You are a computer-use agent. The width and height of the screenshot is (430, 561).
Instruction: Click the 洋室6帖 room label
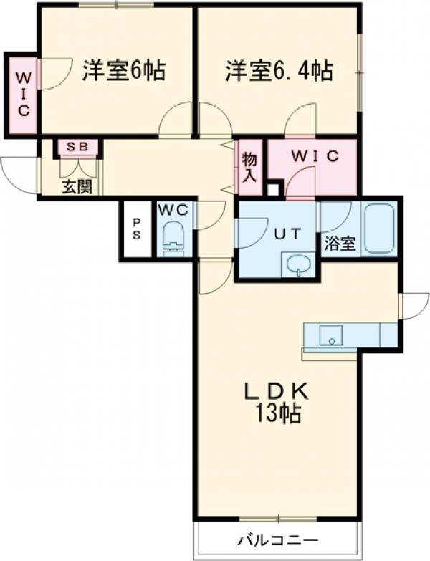(x=124, y=70)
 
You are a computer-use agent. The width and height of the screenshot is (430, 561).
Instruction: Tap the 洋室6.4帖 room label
(x=279, y=70)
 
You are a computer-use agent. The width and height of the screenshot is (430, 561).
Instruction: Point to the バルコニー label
(x=278, y=540)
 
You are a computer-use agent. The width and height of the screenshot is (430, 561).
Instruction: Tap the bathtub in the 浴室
(x=380, y=228)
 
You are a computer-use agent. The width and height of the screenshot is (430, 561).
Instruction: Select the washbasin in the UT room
(x=297, y=265)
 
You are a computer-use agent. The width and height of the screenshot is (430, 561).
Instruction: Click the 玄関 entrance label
(x=77, y=186)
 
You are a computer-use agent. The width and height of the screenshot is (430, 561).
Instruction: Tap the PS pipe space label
(x=137, y=229)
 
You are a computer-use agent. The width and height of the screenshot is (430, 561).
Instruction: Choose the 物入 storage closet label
(x=250, y=167)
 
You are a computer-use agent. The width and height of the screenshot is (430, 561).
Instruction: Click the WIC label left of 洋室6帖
(x=24, y=95)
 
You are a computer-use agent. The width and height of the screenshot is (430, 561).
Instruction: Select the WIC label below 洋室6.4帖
(x=315, y=156)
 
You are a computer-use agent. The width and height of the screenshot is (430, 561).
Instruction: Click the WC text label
(x=173, y=211)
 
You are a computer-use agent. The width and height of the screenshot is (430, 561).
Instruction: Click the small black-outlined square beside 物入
(x=274, y=190)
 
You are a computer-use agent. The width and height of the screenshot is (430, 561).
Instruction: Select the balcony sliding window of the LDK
(x=278, y=268)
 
